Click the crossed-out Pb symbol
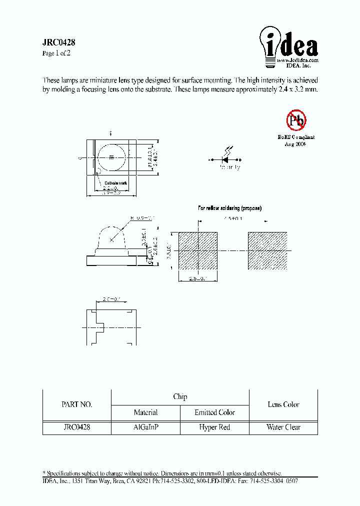[296, 120]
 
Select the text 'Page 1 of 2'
[56, 53]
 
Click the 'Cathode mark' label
[115, 183]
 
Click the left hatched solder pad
[198, 251]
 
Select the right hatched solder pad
[267, 251]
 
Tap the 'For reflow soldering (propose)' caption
[229, 207]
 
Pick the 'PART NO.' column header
[76, 404]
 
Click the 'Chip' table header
[180, 397]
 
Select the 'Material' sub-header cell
[145, 412]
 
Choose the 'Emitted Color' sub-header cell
[214, 412]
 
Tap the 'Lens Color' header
[283, 404]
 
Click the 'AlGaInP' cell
[145, 427]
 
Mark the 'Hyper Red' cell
[214, 427]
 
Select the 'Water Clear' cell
[283, 427]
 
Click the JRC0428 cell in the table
[76, 427]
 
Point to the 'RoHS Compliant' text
[296, 137]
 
